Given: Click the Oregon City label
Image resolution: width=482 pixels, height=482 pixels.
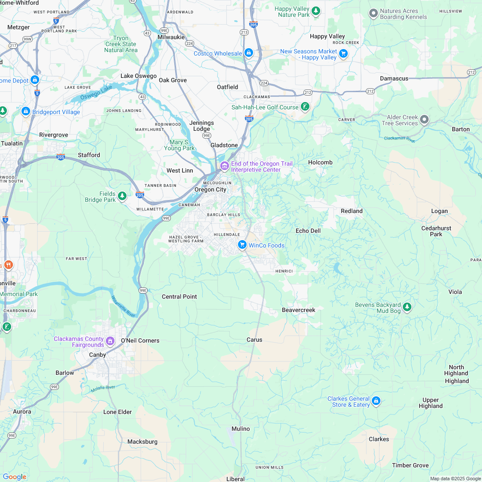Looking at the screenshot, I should click(210, 190).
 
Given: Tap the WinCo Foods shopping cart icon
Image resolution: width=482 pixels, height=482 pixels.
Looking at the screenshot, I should click(242, 245).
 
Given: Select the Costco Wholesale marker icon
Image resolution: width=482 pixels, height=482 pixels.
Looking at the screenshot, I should click(248, 53).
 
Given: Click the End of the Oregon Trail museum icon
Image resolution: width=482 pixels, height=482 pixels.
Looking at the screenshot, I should click(224, 166).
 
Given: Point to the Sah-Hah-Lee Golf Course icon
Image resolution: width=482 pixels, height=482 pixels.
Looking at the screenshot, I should click(305, 106).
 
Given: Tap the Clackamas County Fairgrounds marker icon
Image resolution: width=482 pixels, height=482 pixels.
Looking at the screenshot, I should click(111, 341).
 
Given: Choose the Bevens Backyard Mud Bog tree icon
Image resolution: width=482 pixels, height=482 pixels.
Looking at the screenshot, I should click(407, 307).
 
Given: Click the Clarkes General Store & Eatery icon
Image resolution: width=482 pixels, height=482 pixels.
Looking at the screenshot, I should click(376, 401).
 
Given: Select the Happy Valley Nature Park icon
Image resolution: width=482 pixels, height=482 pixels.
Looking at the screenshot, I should click(316, 10).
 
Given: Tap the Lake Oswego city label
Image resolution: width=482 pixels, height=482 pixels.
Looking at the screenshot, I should click(139, 76).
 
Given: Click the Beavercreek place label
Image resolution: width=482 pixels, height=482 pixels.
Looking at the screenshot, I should click(299, 310).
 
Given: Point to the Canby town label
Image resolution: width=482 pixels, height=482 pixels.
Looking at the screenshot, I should click(97, 355).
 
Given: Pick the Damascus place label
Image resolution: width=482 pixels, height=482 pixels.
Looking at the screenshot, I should click(394, 79).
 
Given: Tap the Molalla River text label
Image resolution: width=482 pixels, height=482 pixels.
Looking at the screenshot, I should click(103, 389).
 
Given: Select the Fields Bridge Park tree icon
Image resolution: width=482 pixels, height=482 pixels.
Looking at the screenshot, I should click(122, 196).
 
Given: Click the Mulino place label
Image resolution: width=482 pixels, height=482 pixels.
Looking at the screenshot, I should click(241, 429).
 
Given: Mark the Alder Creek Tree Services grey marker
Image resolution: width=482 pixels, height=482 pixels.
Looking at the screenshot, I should click(425, 119).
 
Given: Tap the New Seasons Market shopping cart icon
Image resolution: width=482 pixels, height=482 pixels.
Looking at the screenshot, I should click(343, 53).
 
